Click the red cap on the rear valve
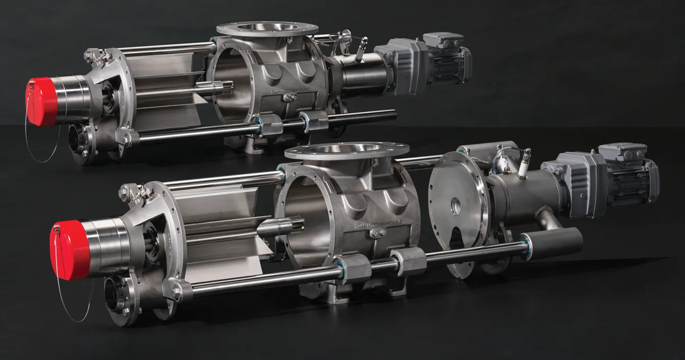tap(41, 102)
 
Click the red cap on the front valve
tap(69, 250)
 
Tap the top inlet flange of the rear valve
tap(260, 28)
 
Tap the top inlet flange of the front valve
tap(347, 150)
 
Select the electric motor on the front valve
tap(633, 179)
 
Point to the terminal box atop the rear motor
tap(442, 40)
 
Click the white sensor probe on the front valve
tap(523, 164)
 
